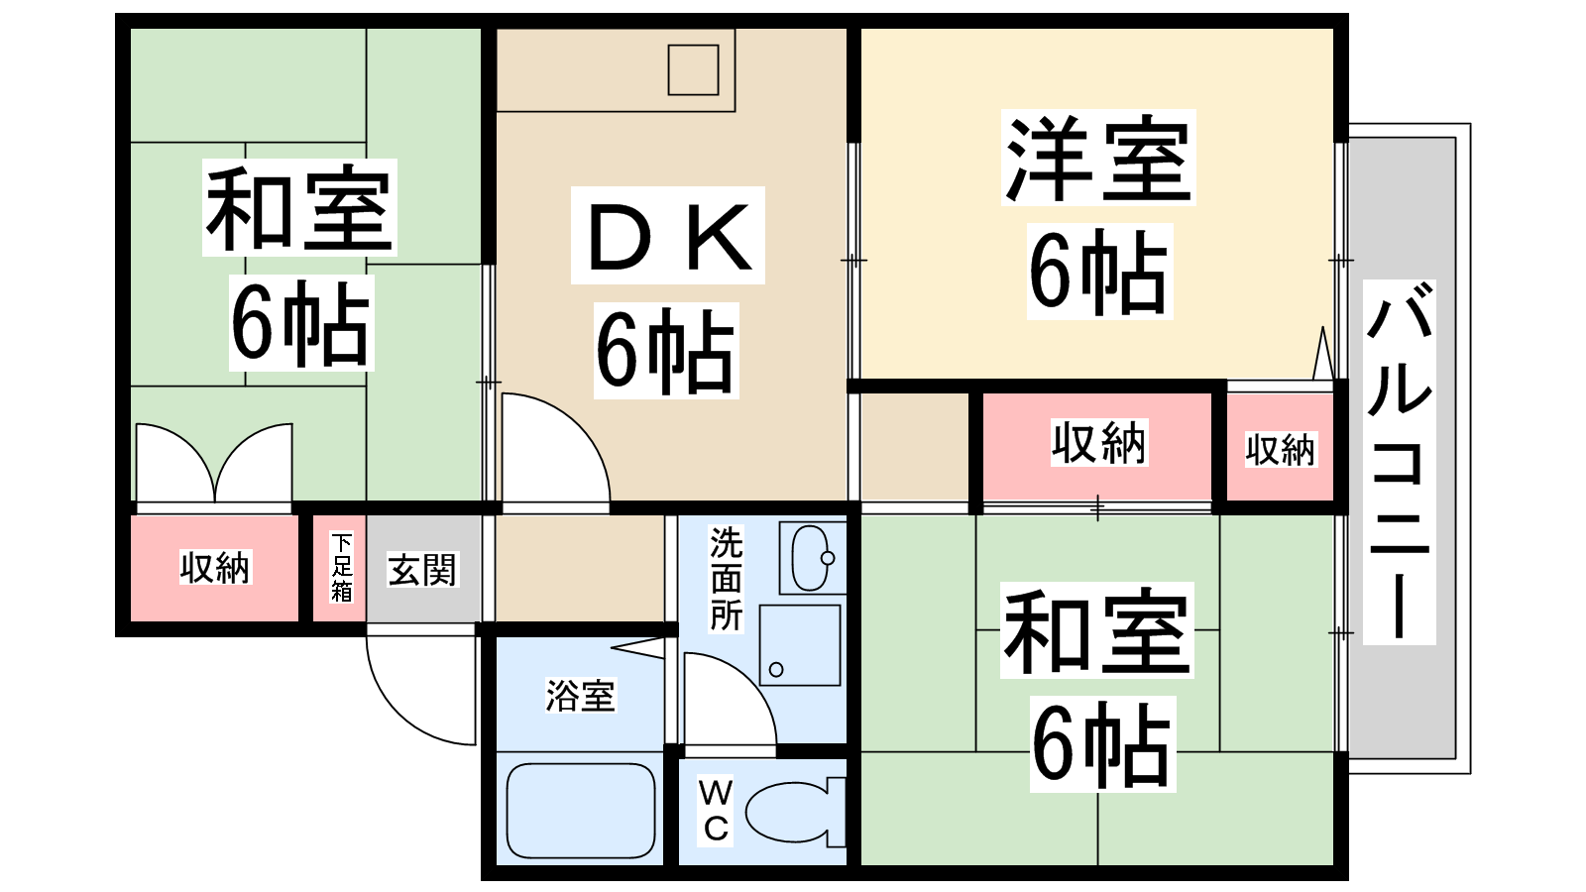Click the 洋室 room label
[1097, 159]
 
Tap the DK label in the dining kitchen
[668, 237]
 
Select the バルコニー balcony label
[1399, 462]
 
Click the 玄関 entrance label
[422, 570]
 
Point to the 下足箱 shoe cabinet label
[341, 568]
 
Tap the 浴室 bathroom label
[581, 695]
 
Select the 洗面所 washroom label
[726, 579]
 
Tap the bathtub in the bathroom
[581, 811]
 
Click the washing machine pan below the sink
[800, 645]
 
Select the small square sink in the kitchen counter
[693, 69]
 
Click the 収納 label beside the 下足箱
[215, 568]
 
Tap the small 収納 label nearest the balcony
[1280, 450]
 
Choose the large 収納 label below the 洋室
[1098, 443]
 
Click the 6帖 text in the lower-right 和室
[1101, 744]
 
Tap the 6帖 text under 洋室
[1098, 272]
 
